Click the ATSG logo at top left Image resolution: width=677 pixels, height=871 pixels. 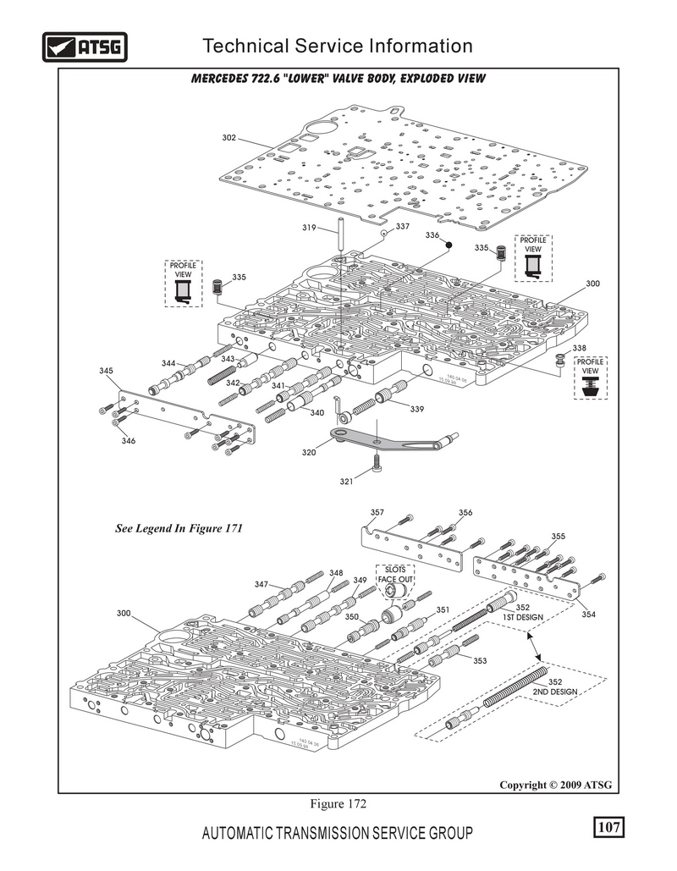tap(85, 47)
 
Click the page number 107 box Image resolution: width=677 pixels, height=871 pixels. tap(608, 827)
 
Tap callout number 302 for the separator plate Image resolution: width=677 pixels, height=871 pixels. tap(228, 138)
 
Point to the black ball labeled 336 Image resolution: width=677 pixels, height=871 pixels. tap(449, 245)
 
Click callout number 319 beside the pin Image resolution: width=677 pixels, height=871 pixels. tap(309, 227)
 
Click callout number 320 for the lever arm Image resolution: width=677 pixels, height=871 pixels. tap(309, 452)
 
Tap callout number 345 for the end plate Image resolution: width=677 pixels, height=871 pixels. tap(106, 371)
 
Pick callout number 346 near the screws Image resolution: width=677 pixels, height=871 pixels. tap(129, 441)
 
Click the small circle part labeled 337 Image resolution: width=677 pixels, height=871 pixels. tap(383, 234)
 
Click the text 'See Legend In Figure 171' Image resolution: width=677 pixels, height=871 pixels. tap(179, 528)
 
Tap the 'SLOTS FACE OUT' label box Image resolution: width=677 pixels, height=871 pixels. tap(395, 575)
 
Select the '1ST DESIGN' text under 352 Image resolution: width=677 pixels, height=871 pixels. tap(523, 617)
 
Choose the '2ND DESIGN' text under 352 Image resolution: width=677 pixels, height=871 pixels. tap(555, 692)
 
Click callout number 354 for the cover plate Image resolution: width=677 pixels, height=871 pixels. tap(589, 615)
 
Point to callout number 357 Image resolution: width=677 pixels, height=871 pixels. tap(377, 513)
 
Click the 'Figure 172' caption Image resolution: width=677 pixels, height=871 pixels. tap(338, 804)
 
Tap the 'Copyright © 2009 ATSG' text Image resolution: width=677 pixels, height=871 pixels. tap(555, 785)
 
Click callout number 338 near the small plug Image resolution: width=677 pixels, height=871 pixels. tap(579, 348)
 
